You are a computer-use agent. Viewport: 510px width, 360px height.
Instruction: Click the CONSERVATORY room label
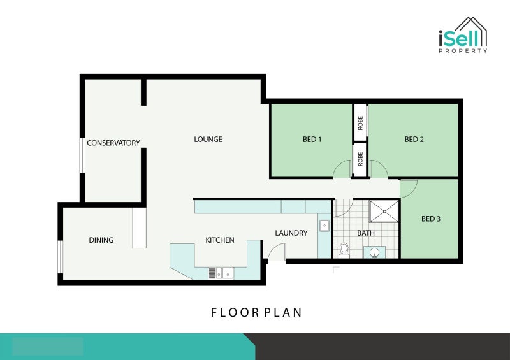tap(113, 143)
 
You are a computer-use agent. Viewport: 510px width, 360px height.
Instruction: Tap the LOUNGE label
tap(208, 139)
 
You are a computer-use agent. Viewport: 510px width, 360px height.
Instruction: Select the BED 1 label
tap(312, 139)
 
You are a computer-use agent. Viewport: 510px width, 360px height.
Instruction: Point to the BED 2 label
tap(414, 139)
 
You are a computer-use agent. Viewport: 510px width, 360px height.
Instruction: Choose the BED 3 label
tap(431, 219)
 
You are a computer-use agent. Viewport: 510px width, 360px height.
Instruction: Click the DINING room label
tap(101, 240)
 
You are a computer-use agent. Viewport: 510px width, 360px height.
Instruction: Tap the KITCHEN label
tap(220, 240)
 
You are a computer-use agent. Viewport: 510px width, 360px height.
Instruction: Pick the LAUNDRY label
tap(291, 233)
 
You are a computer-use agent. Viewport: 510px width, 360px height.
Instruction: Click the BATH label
tap(366, 233)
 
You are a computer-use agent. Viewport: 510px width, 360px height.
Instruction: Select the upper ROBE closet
tap(360, 123)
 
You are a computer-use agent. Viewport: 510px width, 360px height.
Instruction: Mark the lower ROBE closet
tap(360, 159)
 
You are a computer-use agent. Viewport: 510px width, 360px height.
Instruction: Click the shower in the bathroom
tap(384, 212)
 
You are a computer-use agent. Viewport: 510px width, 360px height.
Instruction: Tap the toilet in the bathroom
tap(344, 251)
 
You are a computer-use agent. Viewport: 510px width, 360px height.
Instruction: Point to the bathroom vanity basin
tap(374, 252)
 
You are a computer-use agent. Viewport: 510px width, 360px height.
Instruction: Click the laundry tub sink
tap(324, 226)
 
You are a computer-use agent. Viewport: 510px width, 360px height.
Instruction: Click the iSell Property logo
tap(463, 35)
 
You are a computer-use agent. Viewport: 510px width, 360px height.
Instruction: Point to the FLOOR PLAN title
tap(256, 312)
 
